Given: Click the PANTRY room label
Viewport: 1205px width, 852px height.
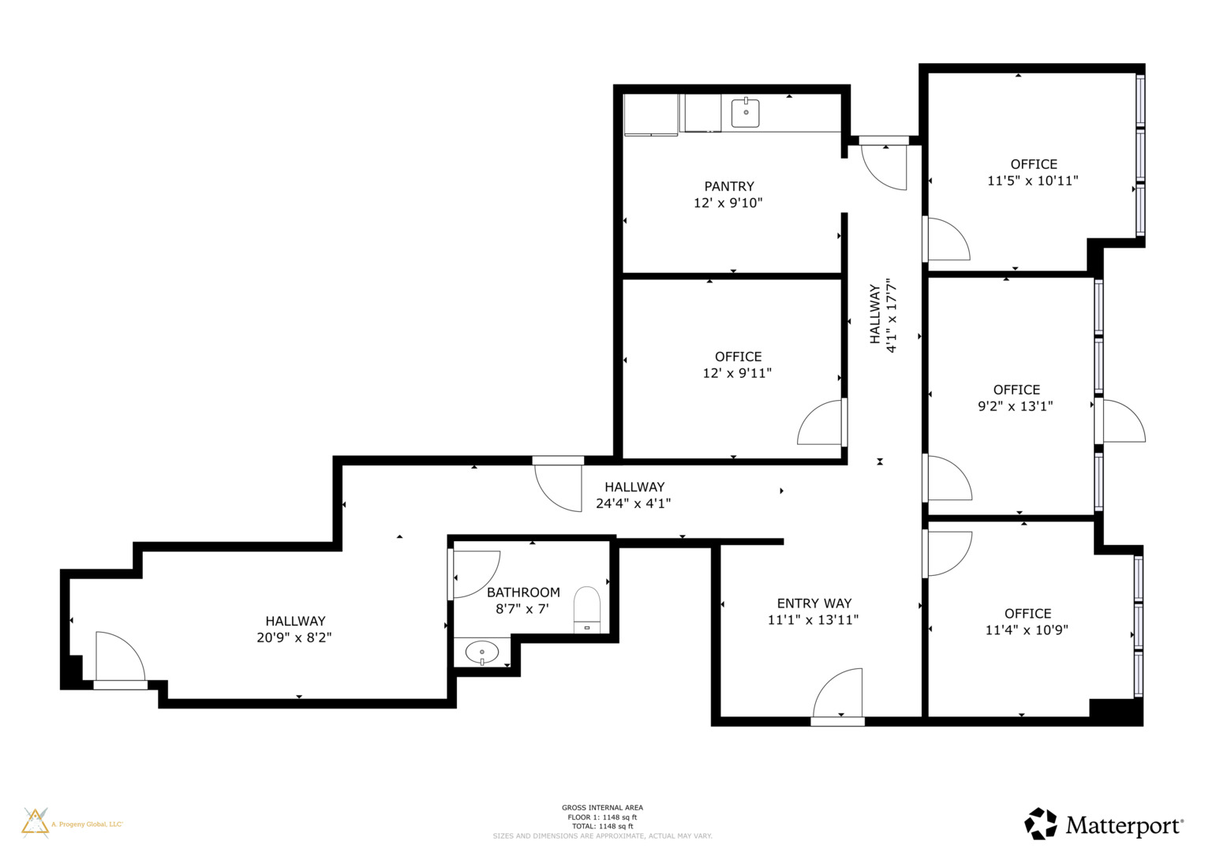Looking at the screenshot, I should pyautogui.click(x=728, y=186).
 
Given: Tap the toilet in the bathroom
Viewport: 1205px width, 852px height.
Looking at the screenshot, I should pyautogui.click(x=587, y=608).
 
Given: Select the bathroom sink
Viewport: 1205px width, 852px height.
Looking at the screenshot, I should pyautogui.click(x=481, y=652).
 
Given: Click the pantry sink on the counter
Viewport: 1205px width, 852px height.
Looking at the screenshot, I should pyautogui.click(x=745, y=113).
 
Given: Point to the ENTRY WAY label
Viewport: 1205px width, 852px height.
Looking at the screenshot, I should pyautogui.click(x=814, y=603).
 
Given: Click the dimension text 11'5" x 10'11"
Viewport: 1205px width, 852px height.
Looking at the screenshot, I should pyautogui.click(x=1032, y=181).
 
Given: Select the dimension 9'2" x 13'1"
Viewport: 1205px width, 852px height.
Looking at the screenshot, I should pyautogui.click(x=1015, y=406).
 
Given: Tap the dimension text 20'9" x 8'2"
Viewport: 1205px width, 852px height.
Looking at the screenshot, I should pyautogui.click(x=294, y=637).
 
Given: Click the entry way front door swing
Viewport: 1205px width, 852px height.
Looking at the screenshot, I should pyautogui.click(x=838, y=694).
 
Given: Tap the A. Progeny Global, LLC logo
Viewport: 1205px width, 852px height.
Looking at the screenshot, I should pyautogui.click(x=72, y=823).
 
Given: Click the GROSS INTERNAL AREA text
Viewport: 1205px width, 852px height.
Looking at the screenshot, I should pyautogui.click(x=602, y=808).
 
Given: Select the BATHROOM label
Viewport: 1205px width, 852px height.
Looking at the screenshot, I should pyautogui.click(x=523, y=592).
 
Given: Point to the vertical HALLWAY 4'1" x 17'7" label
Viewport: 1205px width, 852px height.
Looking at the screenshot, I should pyautogui.click(x=883, y=315).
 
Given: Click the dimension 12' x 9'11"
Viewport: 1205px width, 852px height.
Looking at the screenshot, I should pyautogui.click(x=737, y=373).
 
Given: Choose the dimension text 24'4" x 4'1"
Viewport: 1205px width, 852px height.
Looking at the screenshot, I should pyautogui.click(x=633, y=503).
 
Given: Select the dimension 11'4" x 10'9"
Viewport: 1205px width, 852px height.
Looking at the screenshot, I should pyautogui.click(x=1027, y=630).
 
